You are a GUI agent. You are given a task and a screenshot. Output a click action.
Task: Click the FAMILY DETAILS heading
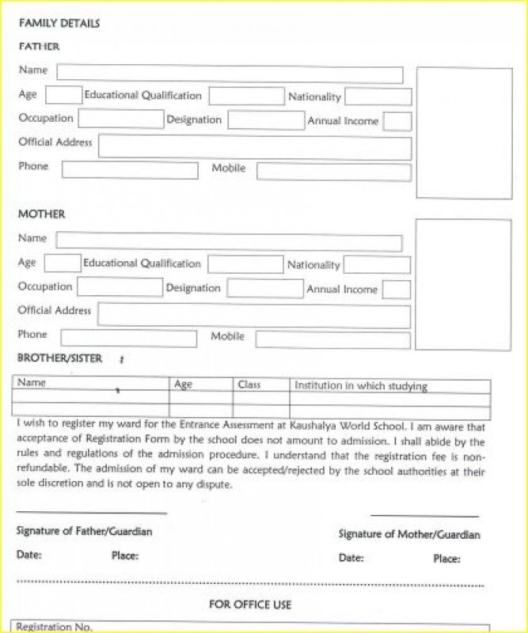[59, 24]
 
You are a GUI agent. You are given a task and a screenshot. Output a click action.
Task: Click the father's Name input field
[230, 74]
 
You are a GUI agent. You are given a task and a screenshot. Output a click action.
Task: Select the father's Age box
[63, 96]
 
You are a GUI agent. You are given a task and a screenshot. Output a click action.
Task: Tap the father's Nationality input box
[378, 97]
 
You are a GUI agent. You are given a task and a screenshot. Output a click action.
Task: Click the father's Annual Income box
[397, 121]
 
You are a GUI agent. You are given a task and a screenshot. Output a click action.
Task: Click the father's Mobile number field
[333, 172]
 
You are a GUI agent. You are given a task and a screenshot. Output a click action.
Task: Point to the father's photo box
[464, 133]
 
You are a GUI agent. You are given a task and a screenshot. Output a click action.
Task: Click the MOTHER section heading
[42, 214]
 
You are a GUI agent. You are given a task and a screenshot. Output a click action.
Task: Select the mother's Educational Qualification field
[245, 264]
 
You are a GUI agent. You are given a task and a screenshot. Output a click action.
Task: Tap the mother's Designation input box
[264, 288]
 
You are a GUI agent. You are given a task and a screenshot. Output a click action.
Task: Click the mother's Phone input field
[128, 339]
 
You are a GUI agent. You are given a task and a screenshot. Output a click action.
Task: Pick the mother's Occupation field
[119, 287]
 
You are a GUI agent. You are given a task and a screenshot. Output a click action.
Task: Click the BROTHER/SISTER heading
[60, 358]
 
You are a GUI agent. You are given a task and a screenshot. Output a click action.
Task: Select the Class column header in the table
[249, 385]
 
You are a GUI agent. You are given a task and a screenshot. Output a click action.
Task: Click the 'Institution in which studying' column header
[361, 386]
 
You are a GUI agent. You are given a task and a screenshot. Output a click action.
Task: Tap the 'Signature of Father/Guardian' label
[84, 532]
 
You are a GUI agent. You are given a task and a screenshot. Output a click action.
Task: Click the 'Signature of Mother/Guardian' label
[409, 534]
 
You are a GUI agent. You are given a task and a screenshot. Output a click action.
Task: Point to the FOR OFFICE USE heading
[250, 605]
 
